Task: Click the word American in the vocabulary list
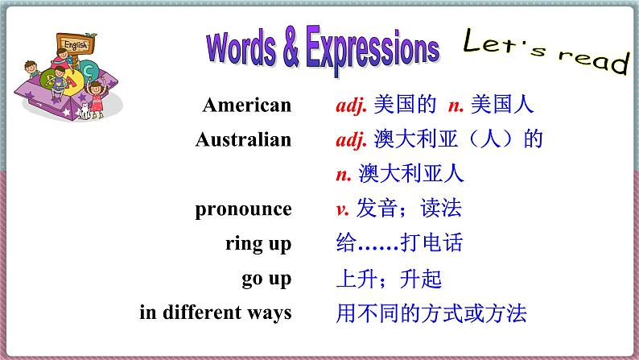247,105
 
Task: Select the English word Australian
243,139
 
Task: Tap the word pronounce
243,210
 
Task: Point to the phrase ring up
258,245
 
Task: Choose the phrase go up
266,279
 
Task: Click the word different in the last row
202,312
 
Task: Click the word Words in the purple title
241,49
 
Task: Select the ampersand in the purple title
291,47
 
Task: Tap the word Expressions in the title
373,50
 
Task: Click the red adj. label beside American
351,106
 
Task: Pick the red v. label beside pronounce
342,209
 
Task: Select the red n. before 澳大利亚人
344,175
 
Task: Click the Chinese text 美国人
502,104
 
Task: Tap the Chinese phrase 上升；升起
389,279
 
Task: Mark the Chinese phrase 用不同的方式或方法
431,313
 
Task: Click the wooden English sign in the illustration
76,44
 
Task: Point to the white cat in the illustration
85,111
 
